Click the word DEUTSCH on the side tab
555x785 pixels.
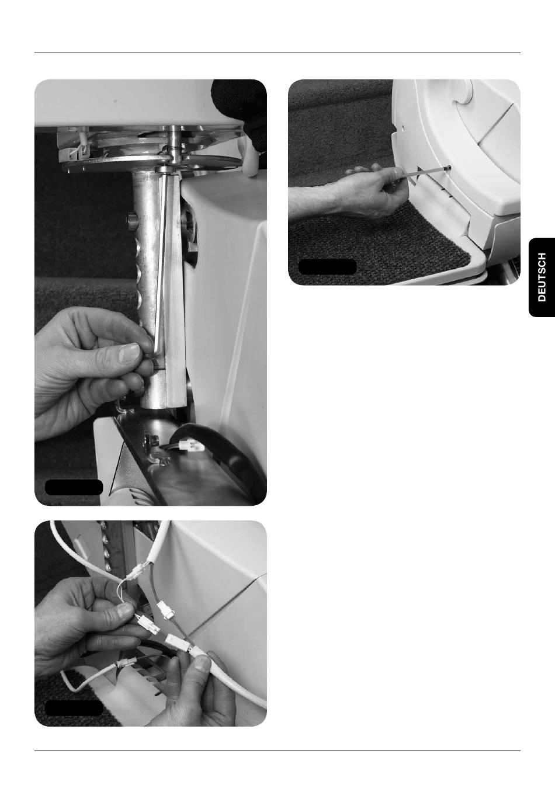542,277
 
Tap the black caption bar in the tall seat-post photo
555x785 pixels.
74,487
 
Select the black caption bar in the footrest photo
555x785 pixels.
328,267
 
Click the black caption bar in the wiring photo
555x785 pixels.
74,708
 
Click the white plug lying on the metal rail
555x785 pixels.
191,446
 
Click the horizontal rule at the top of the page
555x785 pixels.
277,53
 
